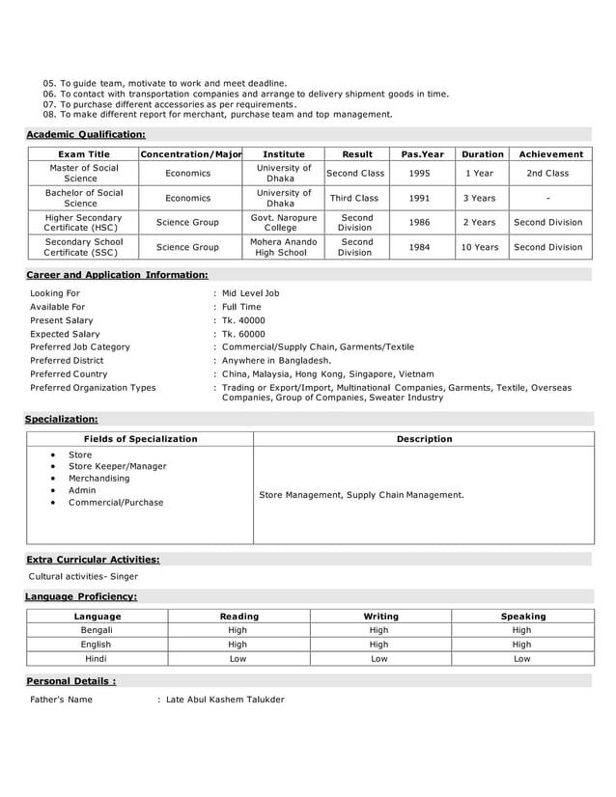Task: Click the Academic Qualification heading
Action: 85,134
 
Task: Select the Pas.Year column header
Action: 423,154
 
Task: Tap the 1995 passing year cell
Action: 420,174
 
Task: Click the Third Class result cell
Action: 354,198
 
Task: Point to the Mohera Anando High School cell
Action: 283,247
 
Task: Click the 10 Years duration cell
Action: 480,247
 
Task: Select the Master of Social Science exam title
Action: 84,174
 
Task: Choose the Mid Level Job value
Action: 250,293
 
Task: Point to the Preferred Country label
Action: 69,374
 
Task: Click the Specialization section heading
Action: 61,420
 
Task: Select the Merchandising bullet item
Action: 98,479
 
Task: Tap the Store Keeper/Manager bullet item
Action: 117,466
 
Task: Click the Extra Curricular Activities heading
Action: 93,560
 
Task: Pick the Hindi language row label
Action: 96,659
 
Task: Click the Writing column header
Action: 379,617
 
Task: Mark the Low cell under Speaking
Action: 521,659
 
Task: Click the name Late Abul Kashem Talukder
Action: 225,700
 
